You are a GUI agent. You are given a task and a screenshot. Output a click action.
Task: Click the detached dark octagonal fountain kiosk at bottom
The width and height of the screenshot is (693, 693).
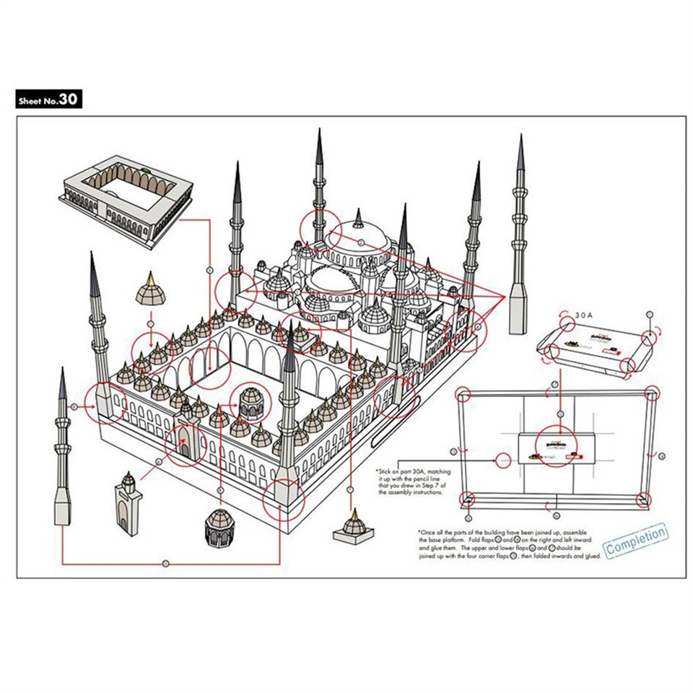[x=220, y=530]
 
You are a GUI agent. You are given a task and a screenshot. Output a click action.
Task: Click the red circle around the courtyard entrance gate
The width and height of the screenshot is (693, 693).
[x=186, y=446]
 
